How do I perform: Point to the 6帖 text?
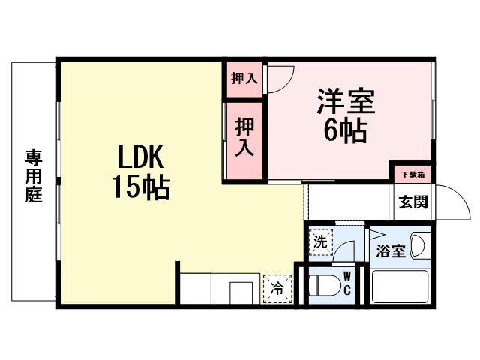coord(345,131)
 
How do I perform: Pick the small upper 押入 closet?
coord(244,78)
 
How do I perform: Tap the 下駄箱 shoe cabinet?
coord(411,174)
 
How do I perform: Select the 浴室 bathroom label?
coord(390,251)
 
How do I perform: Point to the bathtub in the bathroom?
coord(400,286)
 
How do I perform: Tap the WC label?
coord(347,282)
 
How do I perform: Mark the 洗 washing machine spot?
coord(321,241)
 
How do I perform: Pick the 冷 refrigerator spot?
coord(277,287)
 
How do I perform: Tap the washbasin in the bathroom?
coord(419,247)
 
